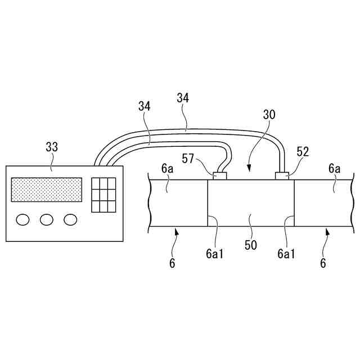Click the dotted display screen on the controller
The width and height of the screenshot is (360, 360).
(47, 190)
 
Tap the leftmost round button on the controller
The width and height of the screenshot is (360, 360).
(24, 219)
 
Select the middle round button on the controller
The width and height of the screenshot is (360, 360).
(47, 219)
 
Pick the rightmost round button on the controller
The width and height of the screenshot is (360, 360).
(70, 219)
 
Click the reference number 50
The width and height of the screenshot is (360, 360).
(251, 245)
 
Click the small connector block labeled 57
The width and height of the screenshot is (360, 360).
(219, 176)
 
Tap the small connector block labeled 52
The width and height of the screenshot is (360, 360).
(283, 176)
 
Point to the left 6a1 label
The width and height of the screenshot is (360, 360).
(214, 253)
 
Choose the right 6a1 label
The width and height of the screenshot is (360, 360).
(286, 253)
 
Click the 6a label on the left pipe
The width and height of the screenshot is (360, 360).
(167, 169)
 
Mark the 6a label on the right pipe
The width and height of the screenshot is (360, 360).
(335, 169)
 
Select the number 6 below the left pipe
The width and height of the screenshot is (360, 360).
(172, 263)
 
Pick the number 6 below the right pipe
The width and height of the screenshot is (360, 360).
(323, 263)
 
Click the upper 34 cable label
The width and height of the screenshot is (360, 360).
(183, 98)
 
